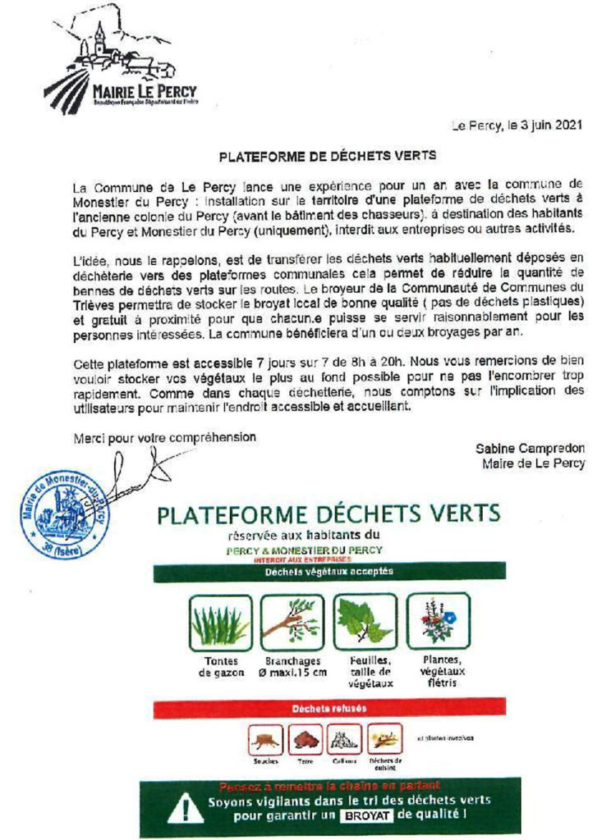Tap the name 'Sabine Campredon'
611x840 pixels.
click(531, 449)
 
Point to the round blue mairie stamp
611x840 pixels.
click(65, 512)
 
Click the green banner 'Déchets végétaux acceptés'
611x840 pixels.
click(328, 572)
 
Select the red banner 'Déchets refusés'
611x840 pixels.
click(328, 708)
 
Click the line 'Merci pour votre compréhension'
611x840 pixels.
click(164, 436)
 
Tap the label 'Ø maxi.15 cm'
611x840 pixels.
click(292, 673)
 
